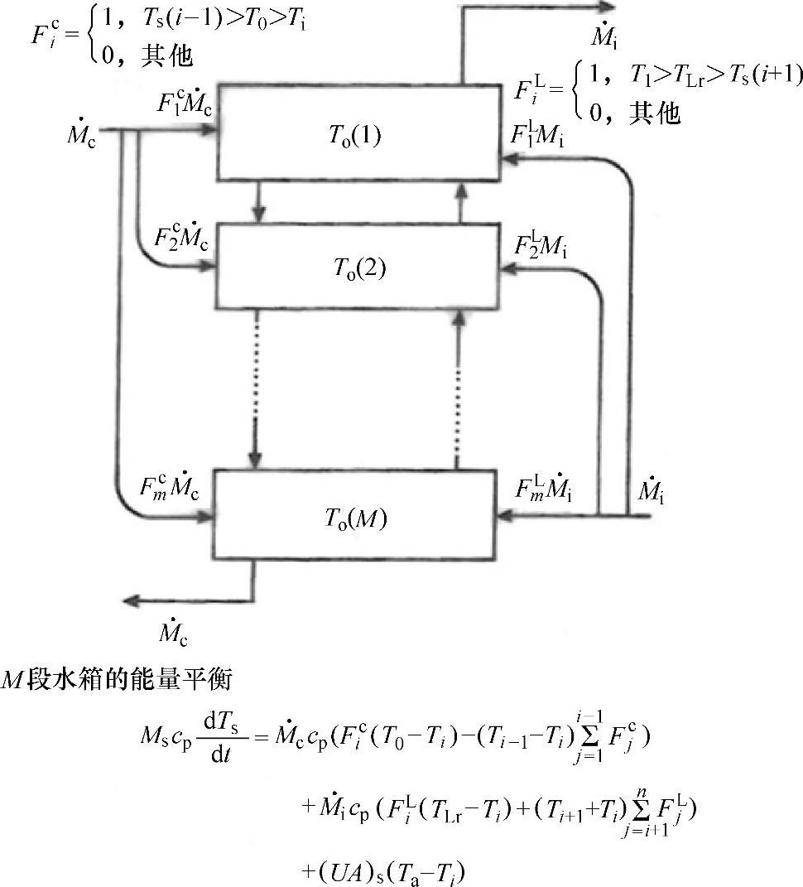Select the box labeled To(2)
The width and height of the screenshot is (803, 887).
(359, 267)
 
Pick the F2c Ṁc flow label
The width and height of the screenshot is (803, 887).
(182, 238)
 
